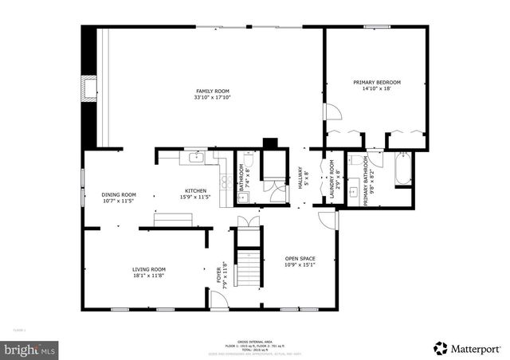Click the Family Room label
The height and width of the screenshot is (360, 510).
click(213, 95)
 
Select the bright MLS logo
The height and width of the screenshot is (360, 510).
click(30, 349)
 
